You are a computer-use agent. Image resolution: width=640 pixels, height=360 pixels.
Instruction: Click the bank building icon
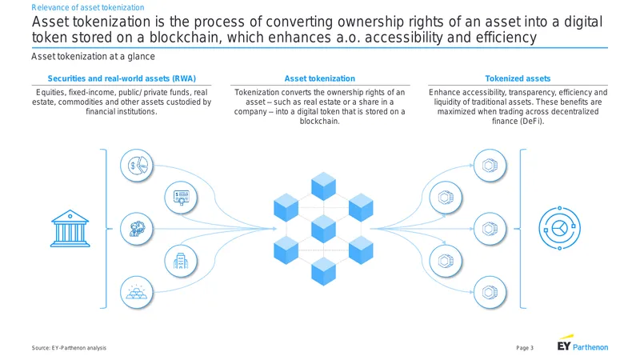(70, 229)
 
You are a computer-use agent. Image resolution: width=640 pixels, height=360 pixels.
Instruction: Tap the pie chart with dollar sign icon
(137, 166)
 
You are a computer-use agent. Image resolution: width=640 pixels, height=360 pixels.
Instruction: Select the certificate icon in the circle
(181, 198)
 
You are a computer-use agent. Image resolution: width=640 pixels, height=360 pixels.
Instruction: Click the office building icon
(181, 261)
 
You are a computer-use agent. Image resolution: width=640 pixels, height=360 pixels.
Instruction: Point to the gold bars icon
(137, 293)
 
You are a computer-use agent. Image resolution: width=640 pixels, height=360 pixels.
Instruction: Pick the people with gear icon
(137, 229)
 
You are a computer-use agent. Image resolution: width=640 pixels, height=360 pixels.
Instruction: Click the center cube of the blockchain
(324, 229)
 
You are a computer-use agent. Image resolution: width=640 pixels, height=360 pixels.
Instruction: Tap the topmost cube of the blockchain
(324, 186)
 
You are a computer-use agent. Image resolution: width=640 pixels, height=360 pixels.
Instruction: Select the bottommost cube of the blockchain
(324, 271)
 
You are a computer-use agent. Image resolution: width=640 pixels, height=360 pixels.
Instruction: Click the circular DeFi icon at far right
(559, 228)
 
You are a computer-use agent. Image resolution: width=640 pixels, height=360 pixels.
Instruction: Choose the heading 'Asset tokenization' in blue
(319, 78)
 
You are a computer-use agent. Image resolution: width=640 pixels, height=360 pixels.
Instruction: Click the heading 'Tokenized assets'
(518, 78)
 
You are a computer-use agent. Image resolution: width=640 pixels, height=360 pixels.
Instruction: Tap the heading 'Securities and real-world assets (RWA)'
(122, 78)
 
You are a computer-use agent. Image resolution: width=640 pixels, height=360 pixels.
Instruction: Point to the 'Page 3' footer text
(525, 348)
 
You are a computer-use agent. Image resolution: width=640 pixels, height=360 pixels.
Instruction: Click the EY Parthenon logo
(582, 344)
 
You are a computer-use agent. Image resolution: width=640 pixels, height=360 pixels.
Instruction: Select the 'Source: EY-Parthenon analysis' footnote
(69, 348)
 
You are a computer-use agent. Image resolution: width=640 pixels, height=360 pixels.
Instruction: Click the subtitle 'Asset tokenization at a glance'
(93, 56)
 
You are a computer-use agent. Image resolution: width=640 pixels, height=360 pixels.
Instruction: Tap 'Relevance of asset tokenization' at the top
(88, 7)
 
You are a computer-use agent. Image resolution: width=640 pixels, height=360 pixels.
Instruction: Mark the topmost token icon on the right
(490, 166)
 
